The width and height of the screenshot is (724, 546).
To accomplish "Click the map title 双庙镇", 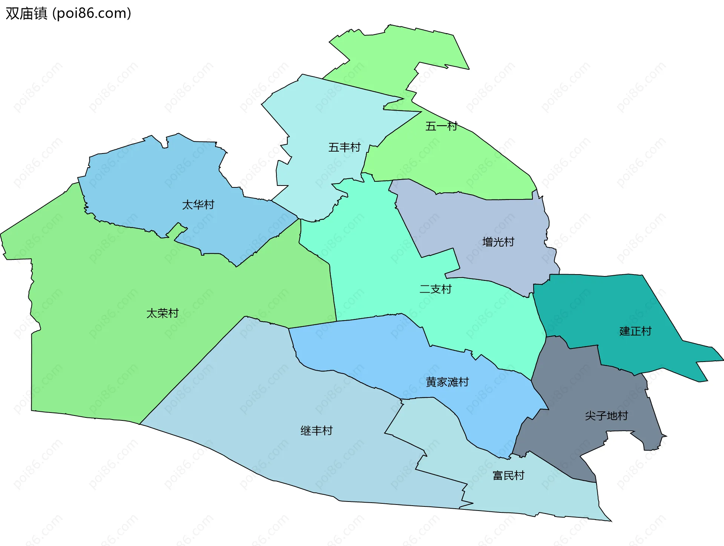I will (26, 13).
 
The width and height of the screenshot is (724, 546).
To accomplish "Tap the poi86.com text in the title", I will (92, 13).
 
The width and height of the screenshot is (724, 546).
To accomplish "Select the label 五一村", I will (441, 126).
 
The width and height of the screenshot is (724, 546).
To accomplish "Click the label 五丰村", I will (344, 147).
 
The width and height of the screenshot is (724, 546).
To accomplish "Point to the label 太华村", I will (198, 204).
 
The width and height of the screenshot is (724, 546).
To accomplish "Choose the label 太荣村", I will (162, 313).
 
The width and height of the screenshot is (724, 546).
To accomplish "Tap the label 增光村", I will (498, 242).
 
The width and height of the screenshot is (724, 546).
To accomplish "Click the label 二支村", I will (436, 289).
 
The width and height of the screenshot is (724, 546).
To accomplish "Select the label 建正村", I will (635, 331).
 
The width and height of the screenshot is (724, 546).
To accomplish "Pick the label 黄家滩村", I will (447, 382).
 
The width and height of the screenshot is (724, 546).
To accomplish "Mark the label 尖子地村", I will (606, 416).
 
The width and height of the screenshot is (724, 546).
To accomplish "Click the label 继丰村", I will (316, 430).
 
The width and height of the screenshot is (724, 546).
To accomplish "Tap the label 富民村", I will (508, 475).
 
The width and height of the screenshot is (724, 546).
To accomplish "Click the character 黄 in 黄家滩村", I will (431, 382).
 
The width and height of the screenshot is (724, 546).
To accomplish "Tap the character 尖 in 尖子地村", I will (591, 416).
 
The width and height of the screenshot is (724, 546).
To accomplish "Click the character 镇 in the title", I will (40, 13).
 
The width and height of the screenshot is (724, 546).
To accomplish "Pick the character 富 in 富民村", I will (498, 475).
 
